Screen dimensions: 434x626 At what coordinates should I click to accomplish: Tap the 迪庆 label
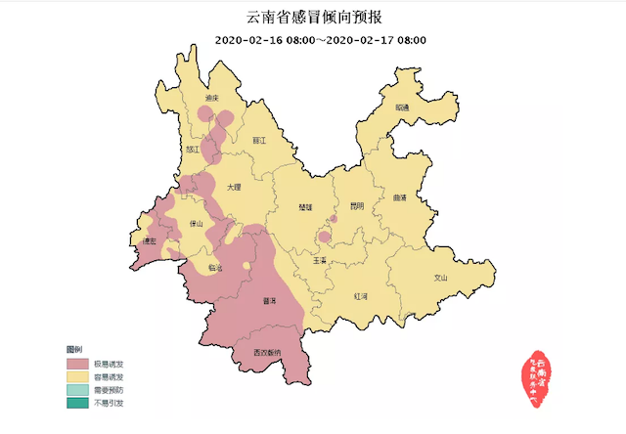click(x=211, y=101)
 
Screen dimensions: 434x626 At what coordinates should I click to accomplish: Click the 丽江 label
click(x=259, y=141)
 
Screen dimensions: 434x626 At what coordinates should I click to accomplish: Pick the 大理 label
click(x=233, y=186)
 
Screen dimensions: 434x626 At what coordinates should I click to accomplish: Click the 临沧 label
click(x=215, y=267)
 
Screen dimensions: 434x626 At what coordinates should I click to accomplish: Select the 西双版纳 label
click(x=265, y=351)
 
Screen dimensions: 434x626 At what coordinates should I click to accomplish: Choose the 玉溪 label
click(x=322, y=261)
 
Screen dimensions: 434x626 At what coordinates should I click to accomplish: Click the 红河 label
click(x=361, y=294)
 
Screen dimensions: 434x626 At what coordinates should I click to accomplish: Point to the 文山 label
click(x=440, y=278)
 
